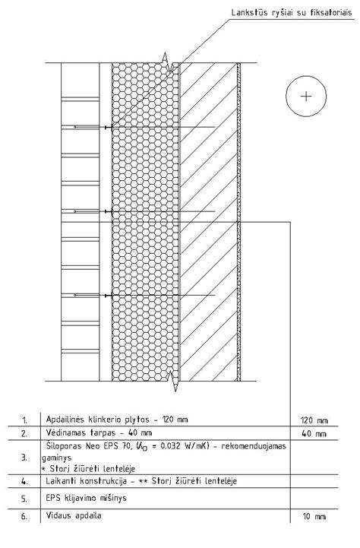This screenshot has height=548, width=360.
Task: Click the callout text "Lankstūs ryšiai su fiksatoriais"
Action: click(x=292, y=13)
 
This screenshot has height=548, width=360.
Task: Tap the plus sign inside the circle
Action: click(x=306, y=97)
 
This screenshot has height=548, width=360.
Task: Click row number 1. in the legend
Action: click(x=25, y=420)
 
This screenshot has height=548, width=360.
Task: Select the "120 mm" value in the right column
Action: click(x=314, y=420)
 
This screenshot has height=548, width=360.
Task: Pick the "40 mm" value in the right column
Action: click(x=314, y=434)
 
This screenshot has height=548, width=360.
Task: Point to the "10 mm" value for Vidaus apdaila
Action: click(x=314, y=517)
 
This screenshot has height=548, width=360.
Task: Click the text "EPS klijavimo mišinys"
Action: click(x=87, y=498)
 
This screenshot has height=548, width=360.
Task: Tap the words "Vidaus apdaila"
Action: click(x=74, y=515)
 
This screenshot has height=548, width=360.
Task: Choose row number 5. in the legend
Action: click(x=24, y=499)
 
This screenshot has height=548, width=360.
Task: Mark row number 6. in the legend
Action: click(x=24, y=517)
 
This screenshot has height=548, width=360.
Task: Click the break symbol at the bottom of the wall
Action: click(x=173, y=381)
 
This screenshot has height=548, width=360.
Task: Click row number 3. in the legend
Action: click(x=24, y=458)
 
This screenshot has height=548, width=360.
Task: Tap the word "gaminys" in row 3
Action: click(x=57, y=458)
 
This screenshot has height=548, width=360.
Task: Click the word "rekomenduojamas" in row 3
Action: click(x=254, y=447)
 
